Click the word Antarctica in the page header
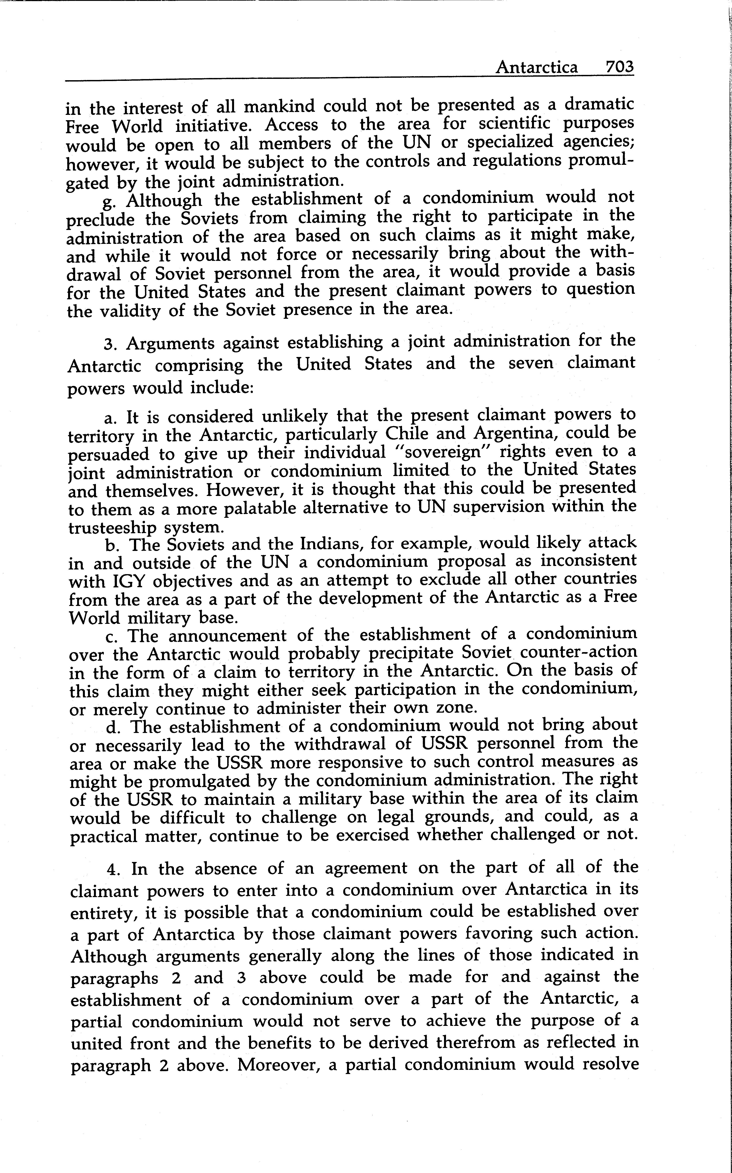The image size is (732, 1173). coord(536,67)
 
